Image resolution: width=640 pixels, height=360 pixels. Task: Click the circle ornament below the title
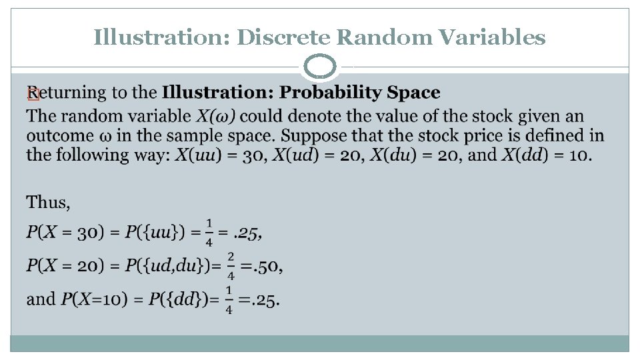(x=321, y=67)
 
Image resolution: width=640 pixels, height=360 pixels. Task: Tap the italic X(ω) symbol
(x=217, y=117)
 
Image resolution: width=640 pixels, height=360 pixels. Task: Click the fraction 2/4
(x=231, y=265)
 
